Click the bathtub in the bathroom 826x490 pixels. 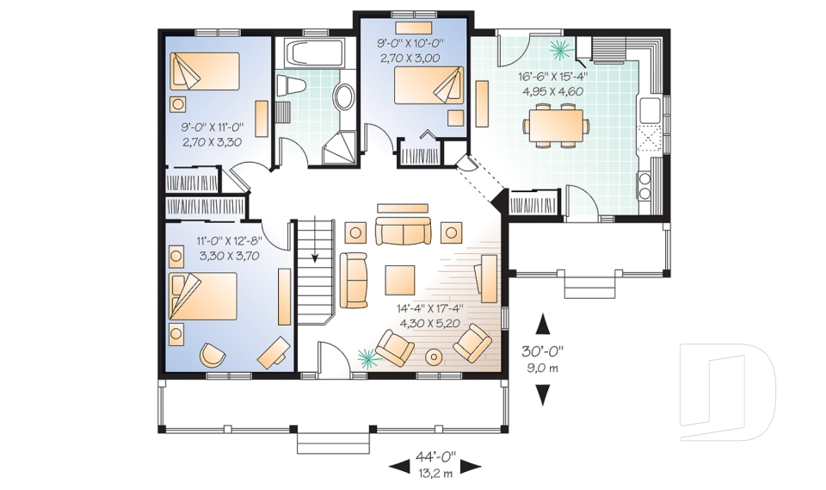pos(315,53)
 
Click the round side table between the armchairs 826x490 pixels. pos(435,357)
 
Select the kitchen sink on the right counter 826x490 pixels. pos(650,109)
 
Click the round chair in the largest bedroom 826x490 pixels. pos(211,354)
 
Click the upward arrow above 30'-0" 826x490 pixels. pos(543,323)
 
